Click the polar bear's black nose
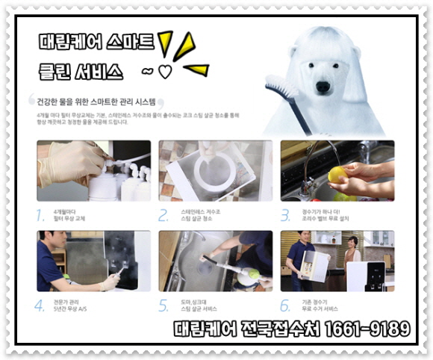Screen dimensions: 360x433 (x=323, y=87)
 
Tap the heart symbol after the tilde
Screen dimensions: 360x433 (x=165, y=72)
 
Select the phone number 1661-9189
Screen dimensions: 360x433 (x=366, y=329)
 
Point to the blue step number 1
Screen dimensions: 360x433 (x=41, y=216)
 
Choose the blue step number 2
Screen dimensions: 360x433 (x=163, y=216)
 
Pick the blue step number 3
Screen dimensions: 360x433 (x=285, y=216)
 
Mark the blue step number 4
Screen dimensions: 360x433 (x=41, y=305)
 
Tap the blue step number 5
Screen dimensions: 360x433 (x=163, y=305)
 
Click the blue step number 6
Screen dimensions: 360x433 (x=285, y=305)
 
